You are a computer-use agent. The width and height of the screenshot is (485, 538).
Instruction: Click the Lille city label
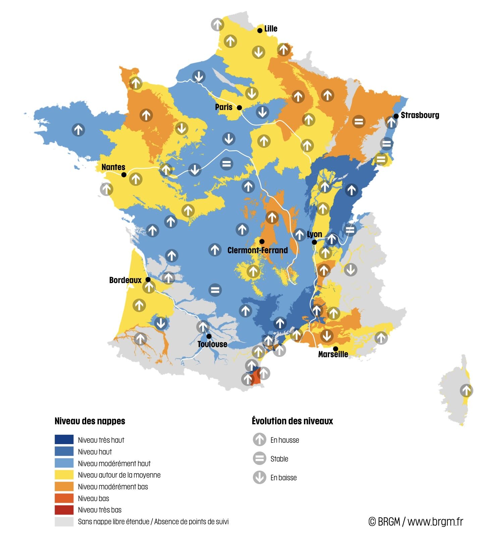coord(271,29)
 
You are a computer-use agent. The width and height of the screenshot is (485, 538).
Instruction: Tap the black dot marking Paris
coord(239,108)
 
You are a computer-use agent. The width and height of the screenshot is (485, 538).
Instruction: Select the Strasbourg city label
coord(420,115)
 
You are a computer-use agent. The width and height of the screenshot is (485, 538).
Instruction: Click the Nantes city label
coord(113,167)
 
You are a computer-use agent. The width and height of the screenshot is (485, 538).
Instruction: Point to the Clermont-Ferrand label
coord(257,250)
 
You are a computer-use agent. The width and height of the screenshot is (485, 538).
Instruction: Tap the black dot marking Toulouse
coord(209,336)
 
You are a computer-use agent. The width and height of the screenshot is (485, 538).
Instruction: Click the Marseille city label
coord(333,354)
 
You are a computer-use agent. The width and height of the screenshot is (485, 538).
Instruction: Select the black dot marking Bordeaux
coord(148,279)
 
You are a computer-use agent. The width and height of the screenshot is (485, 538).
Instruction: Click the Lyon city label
coord(314,234)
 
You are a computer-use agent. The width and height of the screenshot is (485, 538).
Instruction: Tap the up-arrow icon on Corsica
coord(466,390)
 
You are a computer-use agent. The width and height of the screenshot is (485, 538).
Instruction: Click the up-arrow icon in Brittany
coord(78,129)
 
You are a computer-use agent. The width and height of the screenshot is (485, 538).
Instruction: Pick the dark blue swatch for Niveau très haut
coord(64,439)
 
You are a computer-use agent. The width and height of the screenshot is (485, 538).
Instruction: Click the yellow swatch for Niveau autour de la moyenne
coord(64,475)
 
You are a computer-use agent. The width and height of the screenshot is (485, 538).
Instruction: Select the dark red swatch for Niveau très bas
coord(64,510)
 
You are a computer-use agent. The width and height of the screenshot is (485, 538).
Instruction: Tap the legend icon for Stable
coord(259,458)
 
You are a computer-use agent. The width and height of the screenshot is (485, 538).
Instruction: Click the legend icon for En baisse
coord(259,477)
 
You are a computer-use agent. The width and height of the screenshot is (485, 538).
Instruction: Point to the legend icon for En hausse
coord(259,439)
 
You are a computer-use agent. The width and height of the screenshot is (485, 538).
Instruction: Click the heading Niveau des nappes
coord(90,421)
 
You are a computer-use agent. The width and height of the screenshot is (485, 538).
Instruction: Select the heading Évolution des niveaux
coord(292,421)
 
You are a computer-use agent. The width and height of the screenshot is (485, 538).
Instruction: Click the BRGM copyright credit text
coord(416,522)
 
